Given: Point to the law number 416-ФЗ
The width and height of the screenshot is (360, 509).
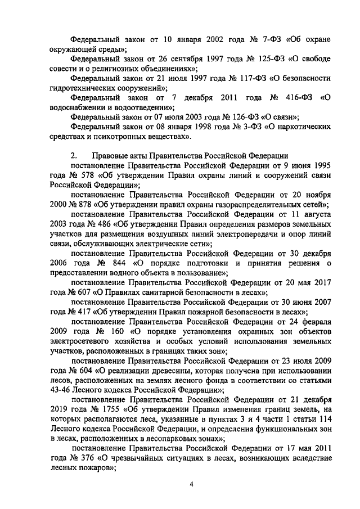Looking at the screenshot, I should point(298,98).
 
